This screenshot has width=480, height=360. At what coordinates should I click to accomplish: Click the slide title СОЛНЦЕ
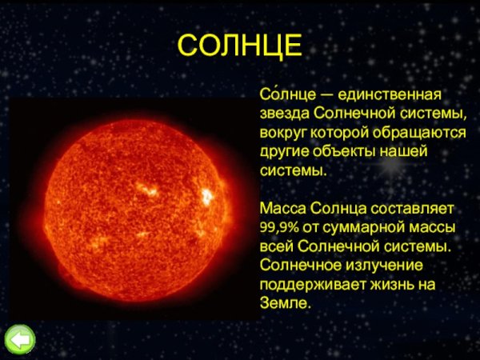239,46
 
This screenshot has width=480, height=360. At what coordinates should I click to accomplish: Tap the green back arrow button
20,339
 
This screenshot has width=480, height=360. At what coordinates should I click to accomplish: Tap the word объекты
344,152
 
